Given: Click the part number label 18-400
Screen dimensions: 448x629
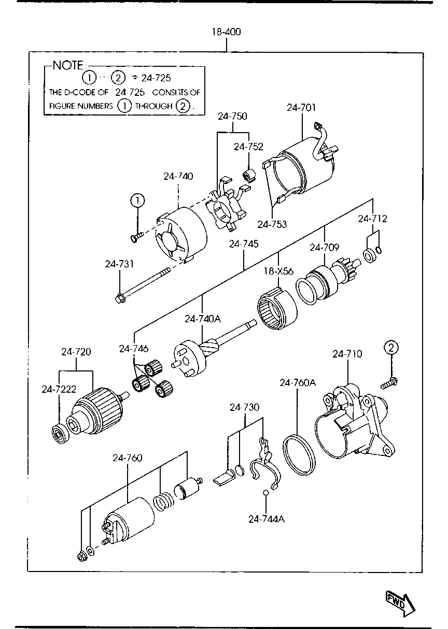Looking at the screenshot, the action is pos(226,32).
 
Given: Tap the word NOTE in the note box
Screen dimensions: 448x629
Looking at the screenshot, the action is pos(68,65).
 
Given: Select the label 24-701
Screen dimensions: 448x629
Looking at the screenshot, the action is pos(301,108).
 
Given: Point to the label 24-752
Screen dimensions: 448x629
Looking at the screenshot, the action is pos(248,147).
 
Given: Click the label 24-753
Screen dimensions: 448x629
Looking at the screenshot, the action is pos(272,224).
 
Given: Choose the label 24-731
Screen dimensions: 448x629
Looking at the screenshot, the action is pos(119,264).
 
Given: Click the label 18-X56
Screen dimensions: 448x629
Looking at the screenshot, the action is pos(278,271).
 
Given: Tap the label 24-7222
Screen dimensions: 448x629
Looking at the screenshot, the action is pos(59,389).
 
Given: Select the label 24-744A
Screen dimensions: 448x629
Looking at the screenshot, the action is pos(267,519).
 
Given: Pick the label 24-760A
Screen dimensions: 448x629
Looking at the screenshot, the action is pos(298,382).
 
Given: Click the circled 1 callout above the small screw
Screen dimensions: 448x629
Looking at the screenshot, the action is pos(137,201).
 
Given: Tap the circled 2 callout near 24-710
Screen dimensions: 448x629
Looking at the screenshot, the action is pos(391,348).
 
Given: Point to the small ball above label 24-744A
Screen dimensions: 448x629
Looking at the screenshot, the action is pos(265,492).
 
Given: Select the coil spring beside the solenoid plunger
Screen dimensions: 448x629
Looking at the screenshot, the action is pos(163,502).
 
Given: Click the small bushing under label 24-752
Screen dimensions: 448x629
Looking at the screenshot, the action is pos(249,176).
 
